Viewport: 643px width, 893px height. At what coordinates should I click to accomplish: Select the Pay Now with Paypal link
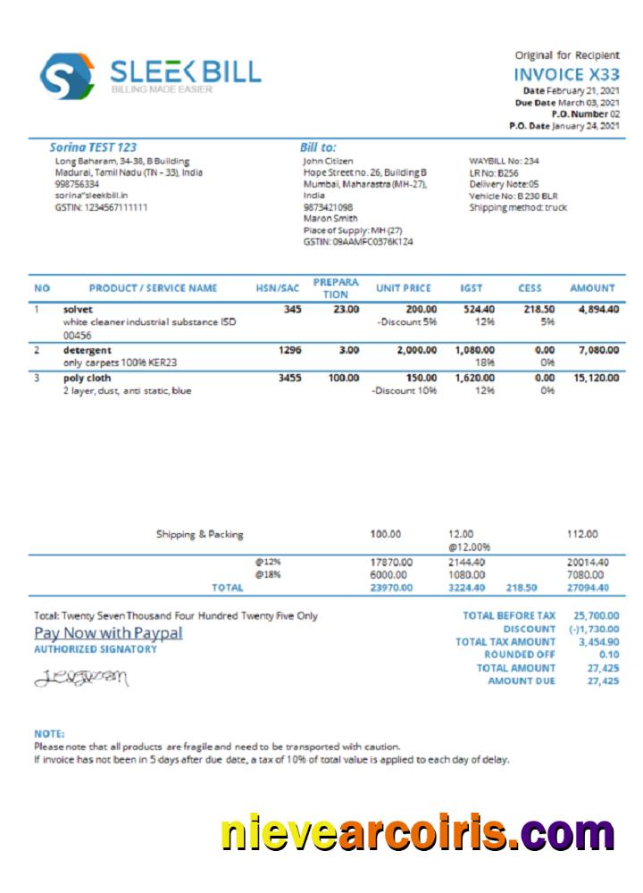point(108,633)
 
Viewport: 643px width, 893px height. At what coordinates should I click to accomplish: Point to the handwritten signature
point(81,679)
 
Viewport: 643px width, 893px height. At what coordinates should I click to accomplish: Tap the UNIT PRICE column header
point(403,288)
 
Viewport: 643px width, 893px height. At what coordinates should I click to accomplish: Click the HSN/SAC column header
point(277,288)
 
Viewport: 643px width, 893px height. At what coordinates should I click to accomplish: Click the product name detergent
point(88,350)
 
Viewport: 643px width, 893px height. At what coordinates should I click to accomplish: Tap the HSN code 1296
point(289,350)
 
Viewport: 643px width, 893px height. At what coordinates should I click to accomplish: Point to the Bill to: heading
point(318,146)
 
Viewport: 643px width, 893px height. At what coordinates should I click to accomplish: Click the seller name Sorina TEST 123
point(93,146)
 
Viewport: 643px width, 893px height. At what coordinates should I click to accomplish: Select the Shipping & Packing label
point(199,534)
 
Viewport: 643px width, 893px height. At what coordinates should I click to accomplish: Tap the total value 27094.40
point(588,588)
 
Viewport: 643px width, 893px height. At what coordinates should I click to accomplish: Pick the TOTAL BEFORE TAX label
point(509,615)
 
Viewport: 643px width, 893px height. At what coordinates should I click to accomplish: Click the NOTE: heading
point(49,734)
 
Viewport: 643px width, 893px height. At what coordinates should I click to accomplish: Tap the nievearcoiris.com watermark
point(417,833)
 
